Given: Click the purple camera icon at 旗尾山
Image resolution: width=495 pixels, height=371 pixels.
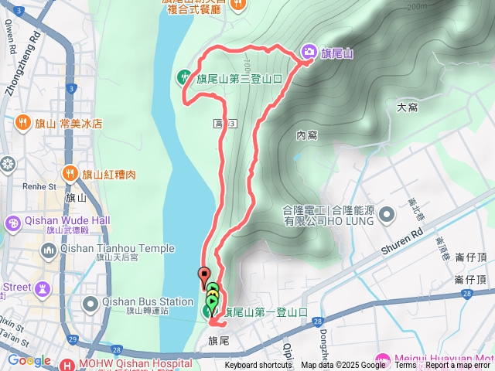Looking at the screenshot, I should coord(309,52).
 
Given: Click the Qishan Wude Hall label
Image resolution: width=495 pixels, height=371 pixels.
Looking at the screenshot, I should coord(67,220).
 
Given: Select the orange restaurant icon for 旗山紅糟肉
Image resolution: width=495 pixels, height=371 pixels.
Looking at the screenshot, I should coord(70,173).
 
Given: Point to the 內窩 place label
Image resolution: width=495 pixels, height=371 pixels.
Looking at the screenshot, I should coord(306,135).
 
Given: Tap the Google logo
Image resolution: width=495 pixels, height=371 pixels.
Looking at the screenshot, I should coord(29,360).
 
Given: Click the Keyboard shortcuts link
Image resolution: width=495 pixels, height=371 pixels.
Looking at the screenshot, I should coord(258,366).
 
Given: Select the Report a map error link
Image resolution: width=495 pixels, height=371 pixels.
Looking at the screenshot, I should coord(458,366).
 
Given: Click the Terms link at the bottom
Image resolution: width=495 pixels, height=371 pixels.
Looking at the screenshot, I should coord(405,366).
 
